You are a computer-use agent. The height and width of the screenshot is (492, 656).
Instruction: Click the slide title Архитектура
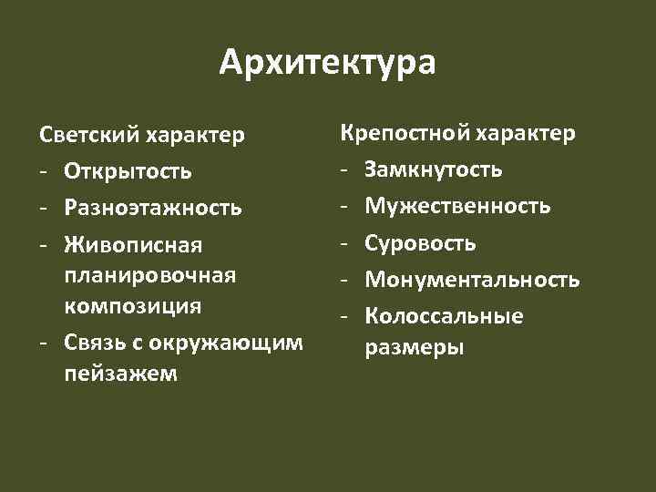point(328,64)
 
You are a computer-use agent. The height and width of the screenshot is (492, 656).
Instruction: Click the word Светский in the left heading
point(87,136)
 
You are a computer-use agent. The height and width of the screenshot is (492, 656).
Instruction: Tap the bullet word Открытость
point(128,172)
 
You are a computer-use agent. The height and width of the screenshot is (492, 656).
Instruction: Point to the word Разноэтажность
point(153,209)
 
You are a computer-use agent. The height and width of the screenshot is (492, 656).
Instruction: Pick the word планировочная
point(150,275)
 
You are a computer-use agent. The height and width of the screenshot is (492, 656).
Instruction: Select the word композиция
point(132,304)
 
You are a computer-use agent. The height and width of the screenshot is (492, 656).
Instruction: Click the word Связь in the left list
point(96,342)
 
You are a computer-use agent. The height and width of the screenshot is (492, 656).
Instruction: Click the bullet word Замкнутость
point(433,169)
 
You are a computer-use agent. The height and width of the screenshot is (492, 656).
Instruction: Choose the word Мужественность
point(457,206)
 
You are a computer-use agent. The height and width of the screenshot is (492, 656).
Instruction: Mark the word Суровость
point(420,243)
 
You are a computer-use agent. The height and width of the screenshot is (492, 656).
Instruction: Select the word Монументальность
point(472,280)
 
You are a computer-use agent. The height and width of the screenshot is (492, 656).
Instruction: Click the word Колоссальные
point(444,317)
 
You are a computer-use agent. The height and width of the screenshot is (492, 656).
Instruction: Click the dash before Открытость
point(45,172)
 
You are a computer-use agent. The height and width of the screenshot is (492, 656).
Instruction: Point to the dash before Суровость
point(345,243)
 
